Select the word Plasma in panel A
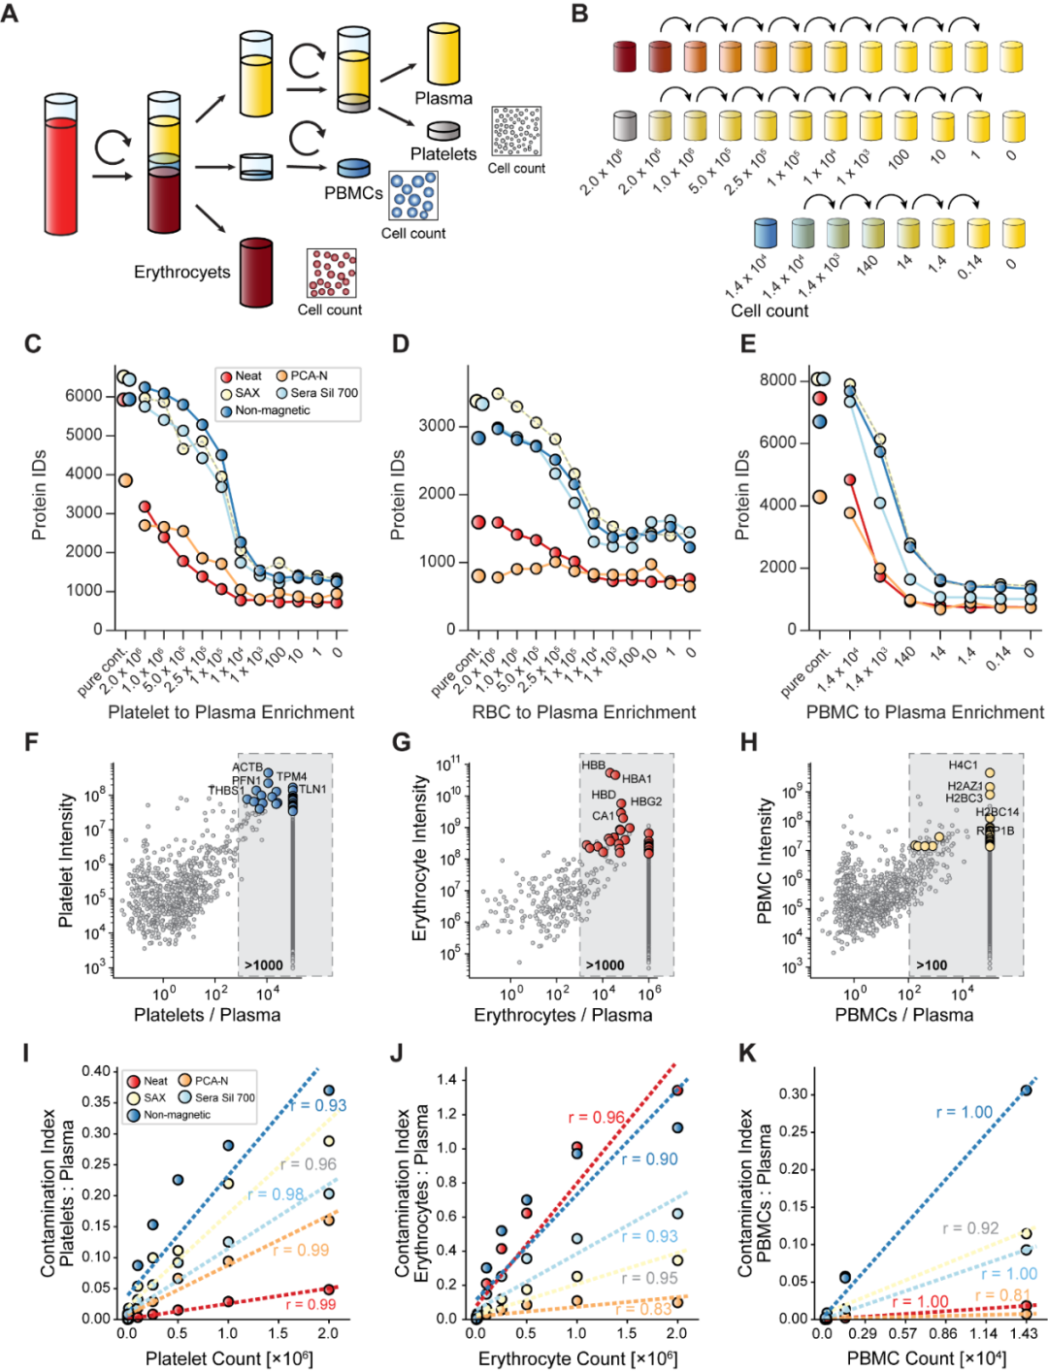443,98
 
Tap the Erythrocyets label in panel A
182,272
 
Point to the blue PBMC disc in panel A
353,168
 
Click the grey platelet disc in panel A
443,130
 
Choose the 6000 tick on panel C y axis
84,396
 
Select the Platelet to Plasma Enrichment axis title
231,712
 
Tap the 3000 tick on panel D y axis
437,426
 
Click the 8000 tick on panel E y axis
777,379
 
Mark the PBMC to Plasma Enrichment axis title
925,712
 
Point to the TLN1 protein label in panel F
312,789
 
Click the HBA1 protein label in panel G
637,779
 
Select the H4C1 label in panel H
964,766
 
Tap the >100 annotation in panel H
932,964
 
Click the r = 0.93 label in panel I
318,1105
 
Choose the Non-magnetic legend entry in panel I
177,1115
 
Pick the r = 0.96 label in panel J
596,1118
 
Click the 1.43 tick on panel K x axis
1025,1334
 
